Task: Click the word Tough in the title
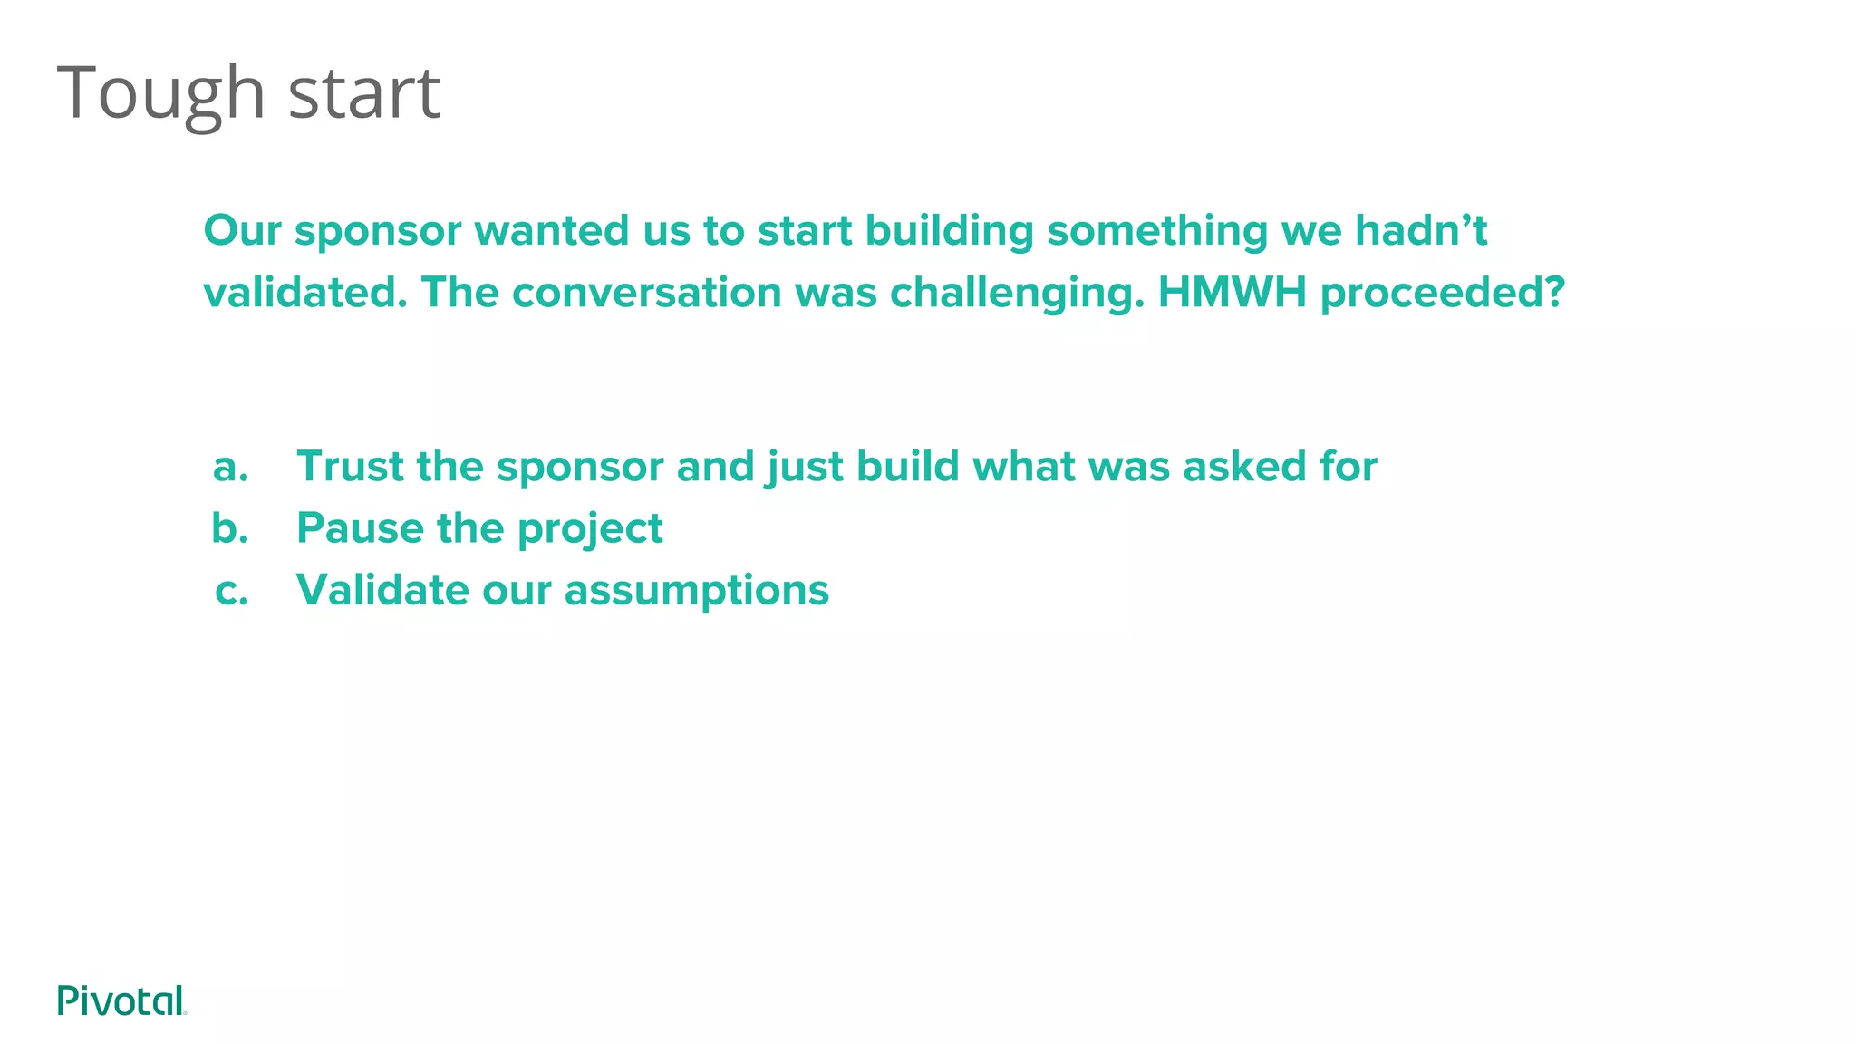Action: point(161,94)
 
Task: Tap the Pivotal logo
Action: point(121,1000)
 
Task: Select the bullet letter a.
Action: point(230,468)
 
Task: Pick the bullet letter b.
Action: point(230,528)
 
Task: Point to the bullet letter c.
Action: point(232,591)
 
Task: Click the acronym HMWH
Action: point(1232,293)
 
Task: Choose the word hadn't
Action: point(1420,230)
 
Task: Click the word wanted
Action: point(552,230)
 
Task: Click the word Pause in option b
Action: point(360,528)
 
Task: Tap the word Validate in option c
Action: point(382,590)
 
